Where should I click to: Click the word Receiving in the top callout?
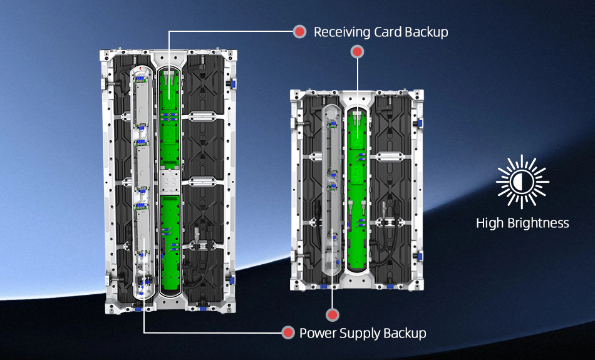tap(339, 32)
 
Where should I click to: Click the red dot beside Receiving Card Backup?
tap(300, 32)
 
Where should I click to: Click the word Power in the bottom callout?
tap(317, 333)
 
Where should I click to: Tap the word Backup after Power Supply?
tap(405, 333)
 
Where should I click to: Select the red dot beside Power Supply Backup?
tap(288, 333)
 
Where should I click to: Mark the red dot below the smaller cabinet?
tap(333, 315)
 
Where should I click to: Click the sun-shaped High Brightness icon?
tap(522, 182)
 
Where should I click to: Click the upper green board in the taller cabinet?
tap(169, 119)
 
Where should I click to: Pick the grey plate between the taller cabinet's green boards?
tap(169, 182)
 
